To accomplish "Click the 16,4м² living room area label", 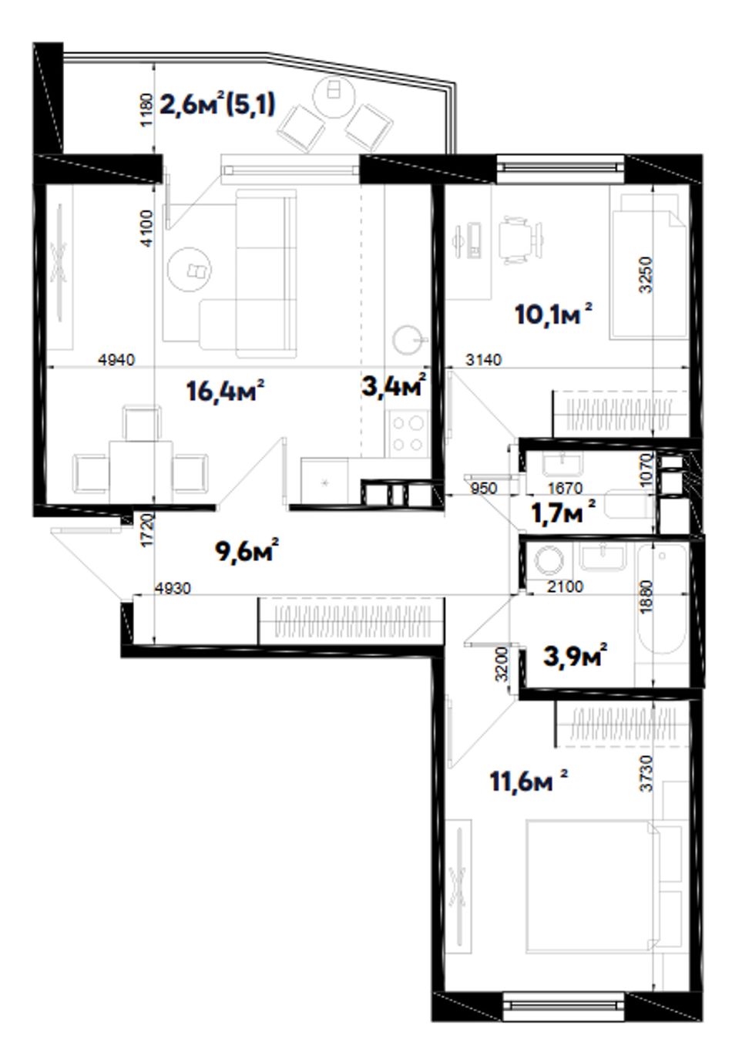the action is (x=224, y=391).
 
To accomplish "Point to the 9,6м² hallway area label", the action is (x=247, y=550).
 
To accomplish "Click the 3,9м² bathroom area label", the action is (x=575, y=656).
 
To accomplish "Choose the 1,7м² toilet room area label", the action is (x=562, y=512).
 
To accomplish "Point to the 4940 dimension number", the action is (x=116, y=360).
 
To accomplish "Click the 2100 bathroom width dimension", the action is (x=565, y=587).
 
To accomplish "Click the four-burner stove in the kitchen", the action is (x=408, y=433).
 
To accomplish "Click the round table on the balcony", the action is (x=334, y=95).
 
